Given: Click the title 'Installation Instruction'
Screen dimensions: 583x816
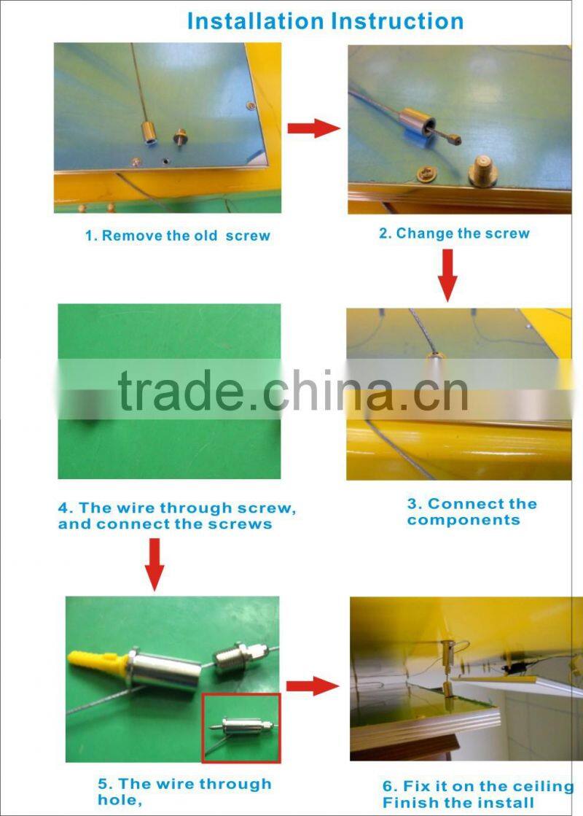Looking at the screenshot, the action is tap(325, 21).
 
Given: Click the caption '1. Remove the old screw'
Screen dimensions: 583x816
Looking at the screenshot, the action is tap(178, 236).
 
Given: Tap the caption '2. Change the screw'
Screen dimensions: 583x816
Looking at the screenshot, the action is tap(454, 233).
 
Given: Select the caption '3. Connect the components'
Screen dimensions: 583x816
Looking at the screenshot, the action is tap(472, 512).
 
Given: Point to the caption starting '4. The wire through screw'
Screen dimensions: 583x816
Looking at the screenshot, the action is tap(177, 516).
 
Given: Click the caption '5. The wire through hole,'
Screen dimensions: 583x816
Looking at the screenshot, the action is tap(184, 791).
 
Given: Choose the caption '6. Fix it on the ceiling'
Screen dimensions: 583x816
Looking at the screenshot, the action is tap(478, 786).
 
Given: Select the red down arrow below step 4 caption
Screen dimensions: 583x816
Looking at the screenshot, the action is tap(154, 564).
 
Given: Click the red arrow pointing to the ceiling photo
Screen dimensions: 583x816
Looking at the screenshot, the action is tap(313, 686).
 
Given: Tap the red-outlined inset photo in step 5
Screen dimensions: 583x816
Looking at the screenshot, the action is tap(241, 728).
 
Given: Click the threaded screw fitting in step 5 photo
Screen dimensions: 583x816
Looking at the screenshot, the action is tap(238, 658).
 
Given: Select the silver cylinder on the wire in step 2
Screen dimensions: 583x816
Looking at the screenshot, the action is tap(417, 121).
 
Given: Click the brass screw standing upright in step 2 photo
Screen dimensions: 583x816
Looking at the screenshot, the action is tap(483, 173).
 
